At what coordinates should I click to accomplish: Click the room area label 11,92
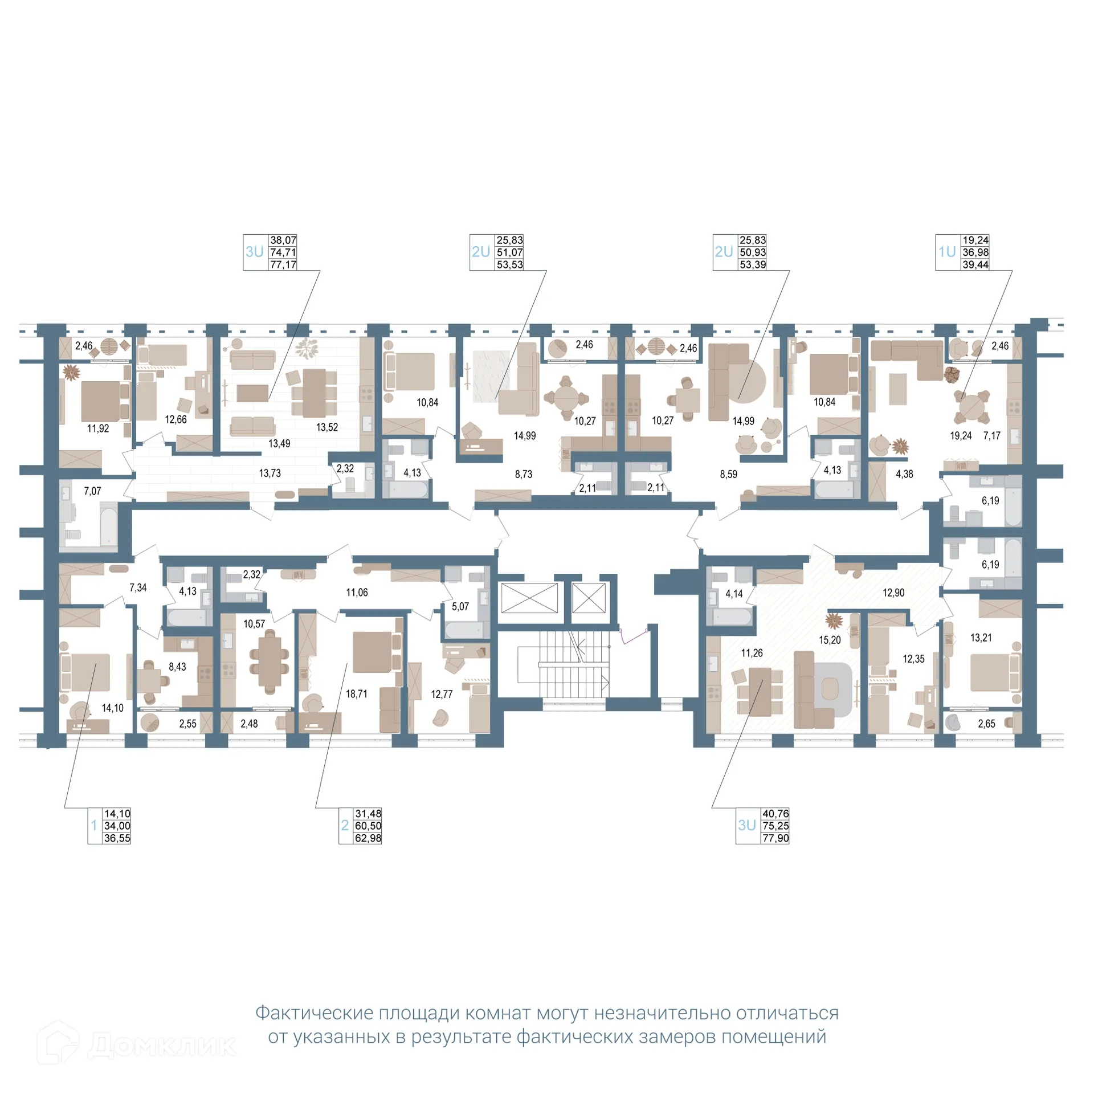pos(98,428)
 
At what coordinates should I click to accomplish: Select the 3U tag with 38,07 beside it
pos(255,252)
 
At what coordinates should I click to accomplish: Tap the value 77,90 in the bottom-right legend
pos(775,838)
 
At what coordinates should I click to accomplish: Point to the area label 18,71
pos(356,694)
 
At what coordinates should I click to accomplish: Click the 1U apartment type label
pos(947,252)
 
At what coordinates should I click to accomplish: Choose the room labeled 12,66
pos(175,419)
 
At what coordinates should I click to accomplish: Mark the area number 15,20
pos(829,640)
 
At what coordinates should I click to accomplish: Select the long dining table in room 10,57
pos(270,662)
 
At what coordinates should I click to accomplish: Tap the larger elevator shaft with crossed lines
pos(529,598)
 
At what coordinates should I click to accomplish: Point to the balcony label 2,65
pos(986,724)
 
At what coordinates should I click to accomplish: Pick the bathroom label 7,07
pos(92,491)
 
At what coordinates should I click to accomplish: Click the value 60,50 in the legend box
pos(368,826)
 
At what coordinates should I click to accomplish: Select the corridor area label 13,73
pos(270,473)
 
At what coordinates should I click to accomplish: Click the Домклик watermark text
pos(162,1045)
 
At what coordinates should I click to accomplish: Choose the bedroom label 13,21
pos(981,638)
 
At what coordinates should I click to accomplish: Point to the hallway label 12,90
pos(893,593)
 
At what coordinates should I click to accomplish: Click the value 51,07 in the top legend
pos(509,252)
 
